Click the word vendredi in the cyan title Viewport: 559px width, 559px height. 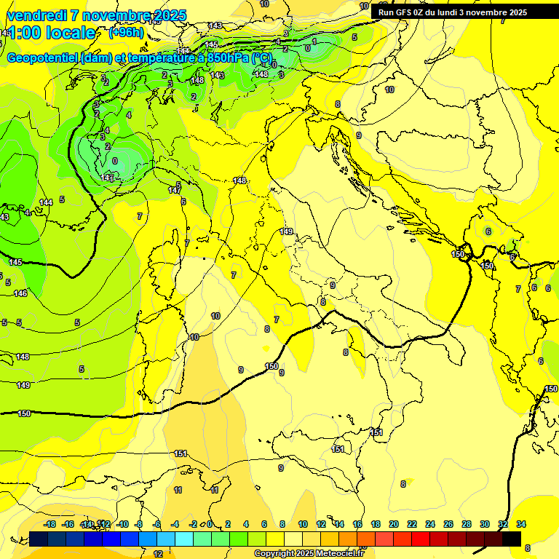click(x=38, y=15)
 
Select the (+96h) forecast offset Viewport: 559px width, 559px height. click(x=126, y=33)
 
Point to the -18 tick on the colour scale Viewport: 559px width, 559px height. click(x=49, y=524)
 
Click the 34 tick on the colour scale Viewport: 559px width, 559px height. click(x=521, y=524)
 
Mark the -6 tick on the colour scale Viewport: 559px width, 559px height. click(x=156, y=524)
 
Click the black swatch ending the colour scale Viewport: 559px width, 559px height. click(x=512, y=539)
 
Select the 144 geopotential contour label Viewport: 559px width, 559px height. click(x=46, y=202)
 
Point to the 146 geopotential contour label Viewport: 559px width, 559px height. click(x=20, y=293)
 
